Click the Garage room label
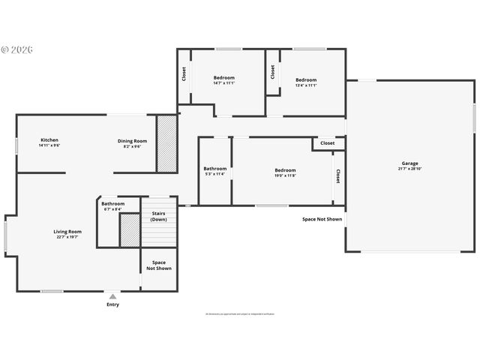(409, 163)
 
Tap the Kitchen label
(49, 140)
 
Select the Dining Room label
(132, 140)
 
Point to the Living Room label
(67, 232)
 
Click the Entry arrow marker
(112, 296)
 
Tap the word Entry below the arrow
(112, 304)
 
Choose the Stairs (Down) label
(159, 217)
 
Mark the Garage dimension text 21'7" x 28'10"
(409, 169)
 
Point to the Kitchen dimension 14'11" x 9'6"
(49, 145)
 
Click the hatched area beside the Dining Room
(166, 142)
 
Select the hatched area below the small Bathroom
(130, 230)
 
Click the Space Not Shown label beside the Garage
(322, 220)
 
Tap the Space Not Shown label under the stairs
(159, 265)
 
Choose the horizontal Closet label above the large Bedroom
(328, 142)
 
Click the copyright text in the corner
(17, 49)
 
